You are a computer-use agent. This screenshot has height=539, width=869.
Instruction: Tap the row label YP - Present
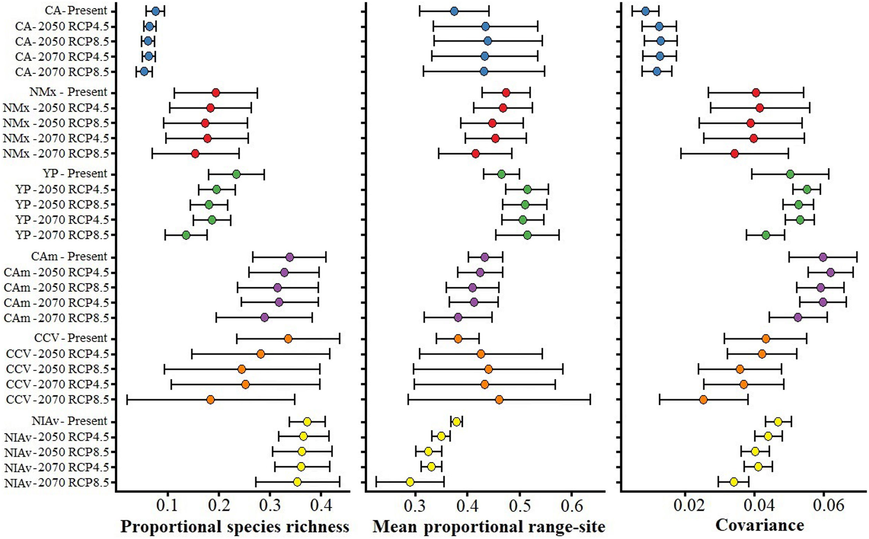75,174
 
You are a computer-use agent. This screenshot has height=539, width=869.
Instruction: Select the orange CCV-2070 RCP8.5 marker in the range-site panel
499,400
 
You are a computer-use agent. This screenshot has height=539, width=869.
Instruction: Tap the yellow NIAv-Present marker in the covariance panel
778,422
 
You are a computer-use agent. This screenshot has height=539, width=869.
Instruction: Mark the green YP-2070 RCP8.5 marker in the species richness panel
186,235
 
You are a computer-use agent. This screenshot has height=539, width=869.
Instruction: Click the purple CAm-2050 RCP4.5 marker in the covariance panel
831,273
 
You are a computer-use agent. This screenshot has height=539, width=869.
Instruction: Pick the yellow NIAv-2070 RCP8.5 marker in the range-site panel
410,482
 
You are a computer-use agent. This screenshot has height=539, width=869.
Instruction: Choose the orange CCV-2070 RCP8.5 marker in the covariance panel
703,400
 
